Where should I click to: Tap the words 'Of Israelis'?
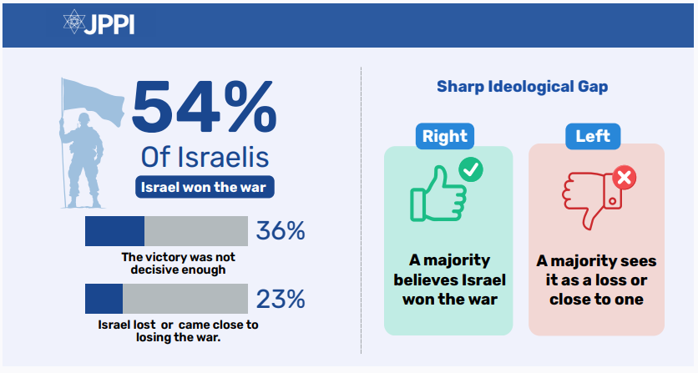[205, 157]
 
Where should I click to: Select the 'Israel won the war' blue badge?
[205, 187]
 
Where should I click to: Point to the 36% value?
[281, 231]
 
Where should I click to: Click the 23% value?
[281, 299]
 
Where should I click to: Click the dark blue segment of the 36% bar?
[114, 231]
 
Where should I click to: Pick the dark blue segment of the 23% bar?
[104, 299]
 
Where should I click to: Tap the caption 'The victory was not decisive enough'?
[173, 263]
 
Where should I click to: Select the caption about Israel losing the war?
[173, 330]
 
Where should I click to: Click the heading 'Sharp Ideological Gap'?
[523, 87]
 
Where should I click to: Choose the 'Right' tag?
[445, 136]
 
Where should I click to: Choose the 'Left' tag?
[593, 136]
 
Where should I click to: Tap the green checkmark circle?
[471, 170]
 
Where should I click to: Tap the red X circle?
[624, 177]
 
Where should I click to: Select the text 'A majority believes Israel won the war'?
[448, 280]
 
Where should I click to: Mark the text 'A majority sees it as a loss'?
[596, 280]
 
